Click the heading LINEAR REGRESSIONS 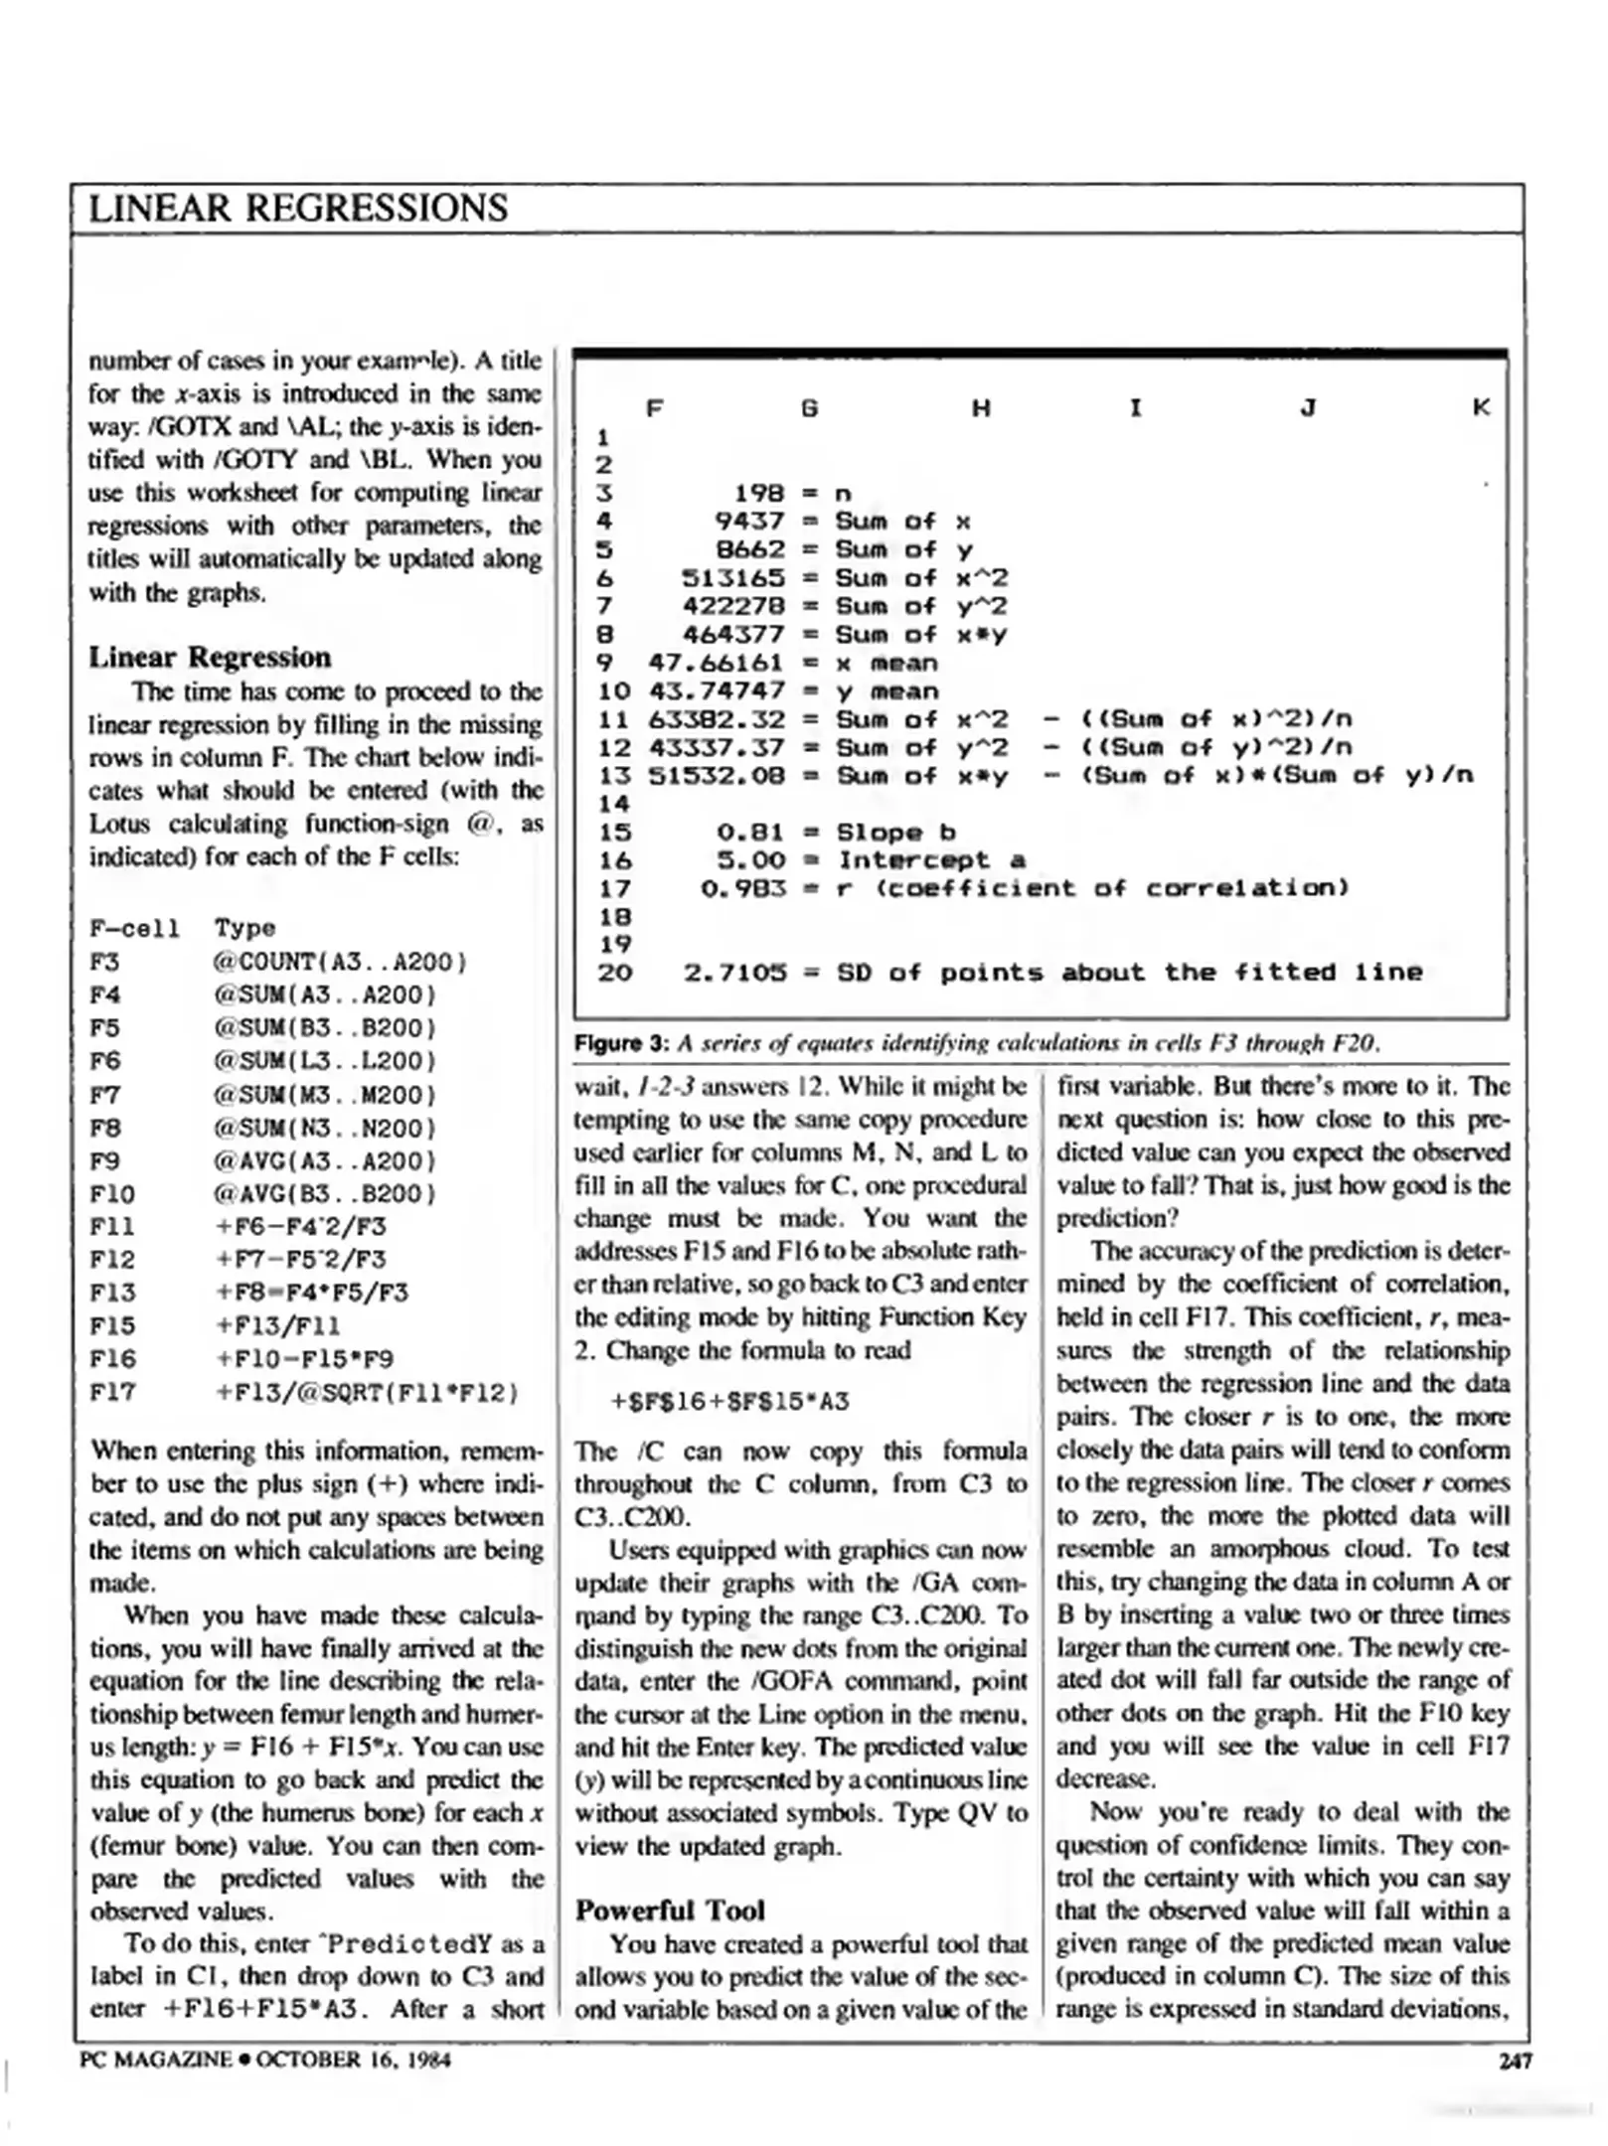pos(298,209)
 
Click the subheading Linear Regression pos(210,658)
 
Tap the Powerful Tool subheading pos(670,1910)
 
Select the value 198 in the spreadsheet pos(759,493)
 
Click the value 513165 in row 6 pos(732,578)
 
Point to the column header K pos(1481,407)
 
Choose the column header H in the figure pos(981,407)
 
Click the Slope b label pos(895,833)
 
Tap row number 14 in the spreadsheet pos(614,804)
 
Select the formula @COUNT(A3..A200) pos(339,962)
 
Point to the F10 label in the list pos(111,1194)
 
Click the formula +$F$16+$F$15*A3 pos(729,1402)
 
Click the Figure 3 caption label pos(622,1043)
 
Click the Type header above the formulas pos(244,929)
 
